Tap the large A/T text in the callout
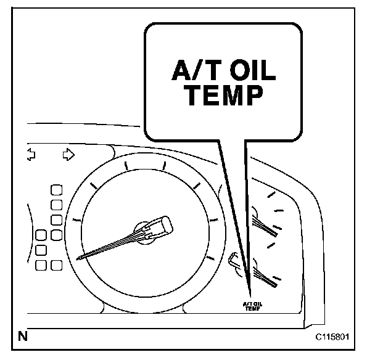[x=189, y=71]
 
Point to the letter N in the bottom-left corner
[x=23, y=337]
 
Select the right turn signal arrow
[x=68, y=153]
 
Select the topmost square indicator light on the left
[x=56, y=189]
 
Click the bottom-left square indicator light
[x=42, y=266]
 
